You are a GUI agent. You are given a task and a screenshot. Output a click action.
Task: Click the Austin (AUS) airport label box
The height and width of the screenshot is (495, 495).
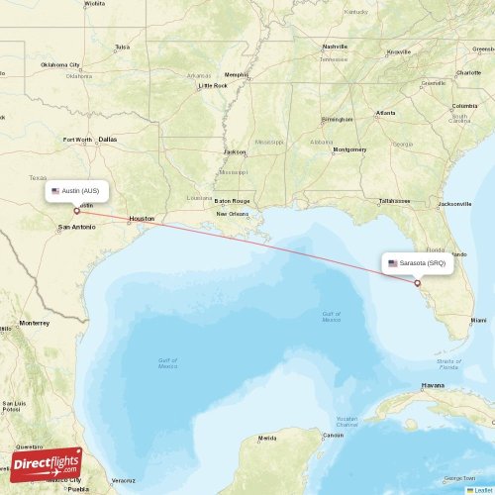click(x=75, y=190)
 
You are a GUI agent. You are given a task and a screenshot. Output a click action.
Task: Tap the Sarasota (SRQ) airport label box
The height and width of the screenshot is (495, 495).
click(x=416, y=263)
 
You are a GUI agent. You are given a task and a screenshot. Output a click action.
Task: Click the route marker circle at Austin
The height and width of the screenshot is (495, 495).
click(x=76, y=210)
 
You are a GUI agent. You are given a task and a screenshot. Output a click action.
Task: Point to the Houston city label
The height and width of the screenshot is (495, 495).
click(x=142, y=218)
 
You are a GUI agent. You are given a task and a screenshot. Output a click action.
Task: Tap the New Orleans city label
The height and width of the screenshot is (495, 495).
click(x=233, y=214)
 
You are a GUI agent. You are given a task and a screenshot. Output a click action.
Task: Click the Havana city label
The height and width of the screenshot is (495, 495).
click(x=432, y=384)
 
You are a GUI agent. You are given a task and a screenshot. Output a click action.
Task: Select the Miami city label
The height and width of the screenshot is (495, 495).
click(x=478, y=321)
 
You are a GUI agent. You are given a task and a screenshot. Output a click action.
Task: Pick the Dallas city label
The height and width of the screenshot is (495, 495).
click(x=107, y=140)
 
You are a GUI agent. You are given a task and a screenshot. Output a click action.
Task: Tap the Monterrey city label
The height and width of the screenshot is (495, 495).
click(x=34, y=323)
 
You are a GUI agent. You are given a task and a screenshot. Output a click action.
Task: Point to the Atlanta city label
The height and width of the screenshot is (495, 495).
click(x=385, y=114)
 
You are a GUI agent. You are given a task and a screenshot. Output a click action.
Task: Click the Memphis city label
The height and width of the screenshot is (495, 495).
click(x=236, y=74)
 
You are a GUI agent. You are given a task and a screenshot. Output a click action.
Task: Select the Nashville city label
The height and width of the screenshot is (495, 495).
click(x=335, y=46)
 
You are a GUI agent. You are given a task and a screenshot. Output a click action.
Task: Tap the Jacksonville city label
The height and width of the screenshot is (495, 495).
click(x=454, y=203)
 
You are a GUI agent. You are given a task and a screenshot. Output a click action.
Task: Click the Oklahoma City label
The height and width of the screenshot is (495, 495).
click(x=60, y=64)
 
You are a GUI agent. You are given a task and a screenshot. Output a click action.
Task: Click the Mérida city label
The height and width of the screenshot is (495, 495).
click(x=267, y=437)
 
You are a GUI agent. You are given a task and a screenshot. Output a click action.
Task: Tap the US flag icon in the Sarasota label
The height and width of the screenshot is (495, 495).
click(x=393, y=263)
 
